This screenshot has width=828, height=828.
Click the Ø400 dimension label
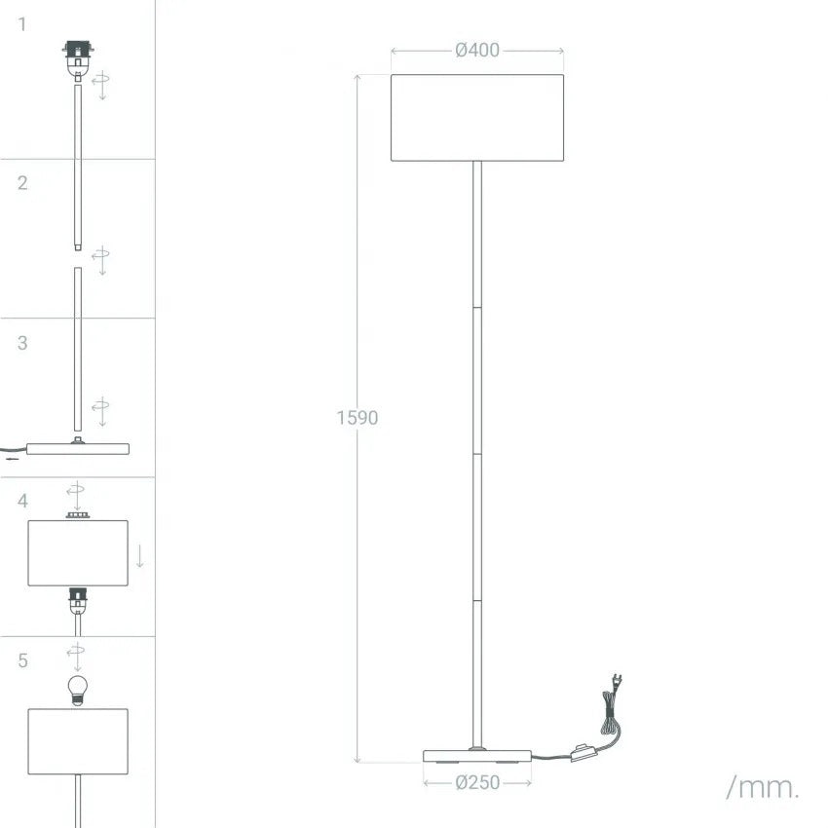point(477,50)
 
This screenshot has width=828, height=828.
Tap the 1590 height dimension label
point(358,418)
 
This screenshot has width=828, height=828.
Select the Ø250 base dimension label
point(477,782)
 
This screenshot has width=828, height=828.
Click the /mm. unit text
point(763,788)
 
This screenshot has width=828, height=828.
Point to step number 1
point(22,24)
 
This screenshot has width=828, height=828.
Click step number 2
point(22,183)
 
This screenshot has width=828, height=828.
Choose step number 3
point(22,343)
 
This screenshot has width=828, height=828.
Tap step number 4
point(22,501)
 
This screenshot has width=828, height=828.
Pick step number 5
point(22,660)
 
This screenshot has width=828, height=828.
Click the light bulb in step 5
point(78,691)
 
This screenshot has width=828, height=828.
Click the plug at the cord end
point(617,682)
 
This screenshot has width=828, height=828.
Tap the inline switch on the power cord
point(582,752)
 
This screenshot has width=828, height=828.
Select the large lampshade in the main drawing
point(477,118)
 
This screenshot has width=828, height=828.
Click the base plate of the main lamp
point(477,756)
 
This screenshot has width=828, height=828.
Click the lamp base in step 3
point(78,448)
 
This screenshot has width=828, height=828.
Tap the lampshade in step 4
point(78,553)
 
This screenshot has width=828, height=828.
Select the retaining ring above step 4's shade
point(78,515)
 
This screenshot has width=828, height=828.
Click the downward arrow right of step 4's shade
point(140,556)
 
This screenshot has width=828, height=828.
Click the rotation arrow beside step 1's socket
point(101,86)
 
